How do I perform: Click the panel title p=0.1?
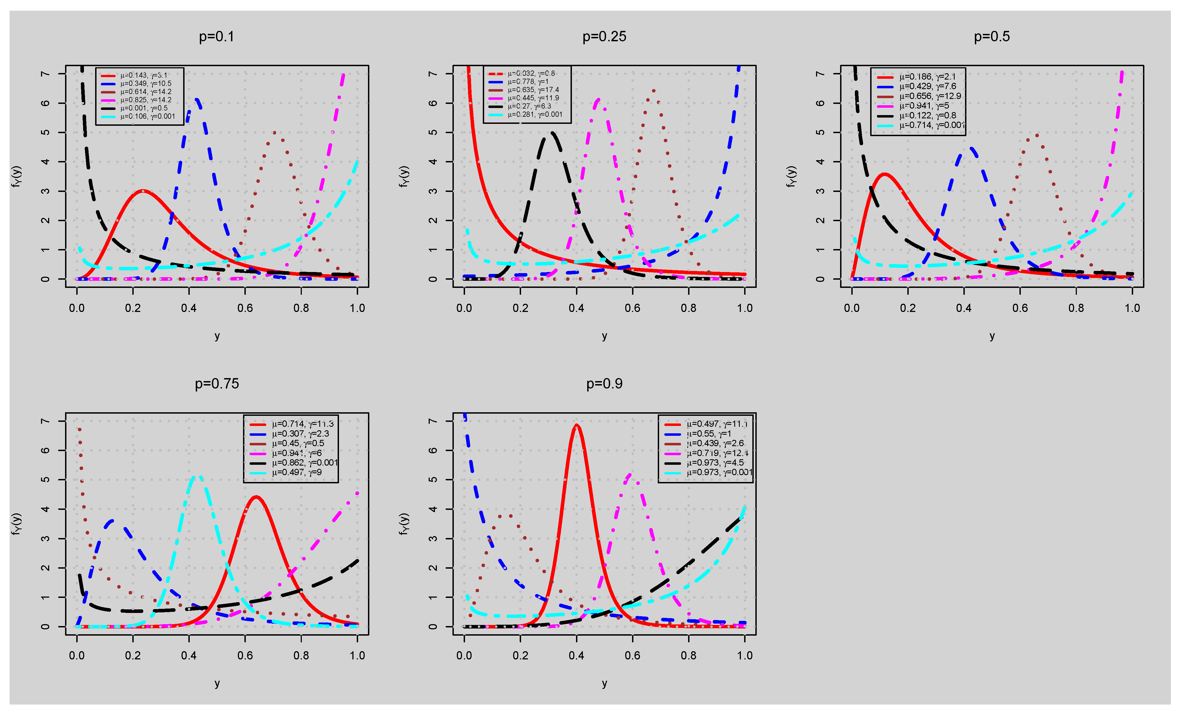(217, 37)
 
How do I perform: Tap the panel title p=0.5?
(992, 37)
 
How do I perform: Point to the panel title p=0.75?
(217, 384)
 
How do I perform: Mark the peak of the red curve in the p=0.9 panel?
(577, 425)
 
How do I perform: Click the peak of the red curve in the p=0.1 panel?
(143, 191)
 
